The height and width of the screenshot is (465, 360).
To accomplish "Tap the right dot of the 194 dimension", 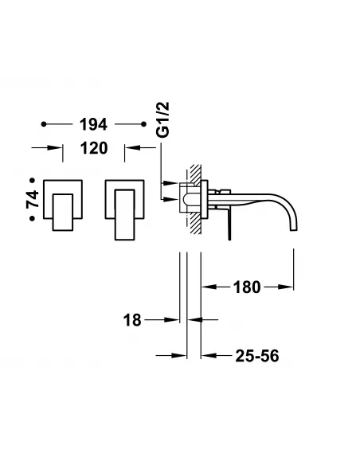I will [143, 124].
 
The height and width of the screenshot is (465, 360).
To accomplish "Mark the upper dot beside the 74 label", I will [33, 180].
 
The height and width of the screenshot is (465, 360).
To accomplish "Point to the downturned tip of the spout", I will [295, 225].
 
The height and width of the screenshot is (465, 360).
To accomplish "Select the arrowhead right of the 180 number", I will [288, 287].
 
